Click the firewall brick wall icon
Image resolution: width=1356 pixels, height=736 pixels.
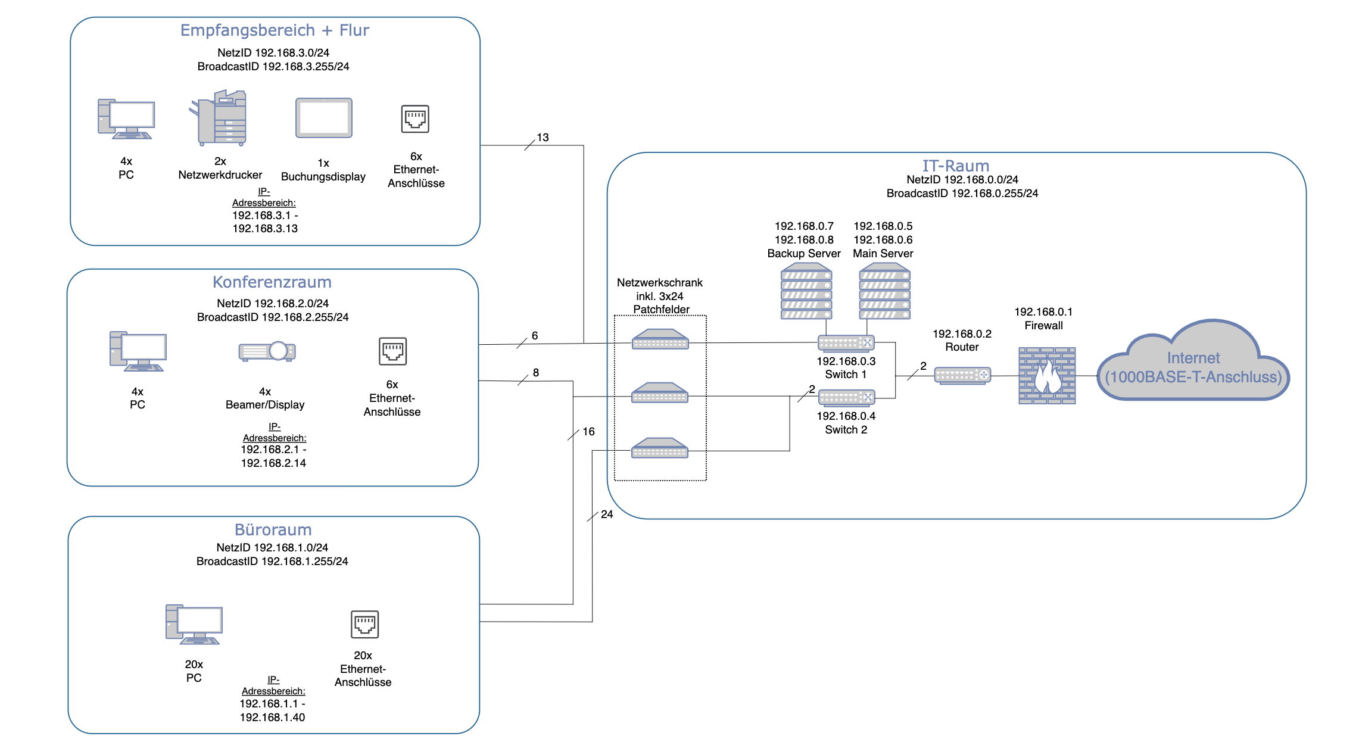click(x=1046, y=376)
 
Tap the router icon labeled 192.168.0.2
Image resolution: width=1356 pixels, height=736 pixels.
click(x=962, y=376)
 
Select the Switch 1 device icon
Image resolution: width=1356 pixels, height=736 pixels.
click(x=846, y=343)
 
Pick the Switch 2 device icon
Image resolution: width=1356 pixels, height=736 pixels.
click(x=846, y=397)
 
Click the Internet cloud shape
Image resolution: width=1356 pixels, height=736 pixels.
click(x=1193, y=363)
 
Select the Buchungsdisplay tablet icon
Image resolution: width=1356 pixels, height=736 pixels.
click(x=324, y=118)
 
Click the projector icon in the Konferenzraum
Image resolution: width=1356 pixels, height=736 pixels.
click(x=267, y=351)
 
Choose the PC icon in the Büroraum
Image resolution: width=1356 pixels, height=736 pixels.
click(x=194, y=625)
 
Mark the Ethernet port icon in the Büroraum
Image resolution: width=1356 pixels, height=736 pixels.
click(x=364, y=624)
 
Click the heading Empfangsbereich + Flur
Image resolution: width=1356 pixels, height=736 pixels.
click(x=275, y=30)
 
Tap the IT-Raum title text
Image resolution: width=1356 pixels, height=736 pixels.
click(x=955, y=166)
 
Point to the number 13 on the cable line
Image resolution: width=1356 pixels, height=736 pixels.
click(x=543, y=138)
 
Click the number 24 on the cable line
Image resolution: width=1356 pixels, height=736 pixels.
click(x=607, y=514)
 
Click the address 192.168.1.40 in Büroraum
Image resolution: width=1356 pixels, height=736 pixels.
click(x=272, y=718)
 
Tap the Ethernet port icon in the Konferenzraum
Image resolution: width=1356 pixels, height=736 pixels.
click(x=392, y=351)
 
